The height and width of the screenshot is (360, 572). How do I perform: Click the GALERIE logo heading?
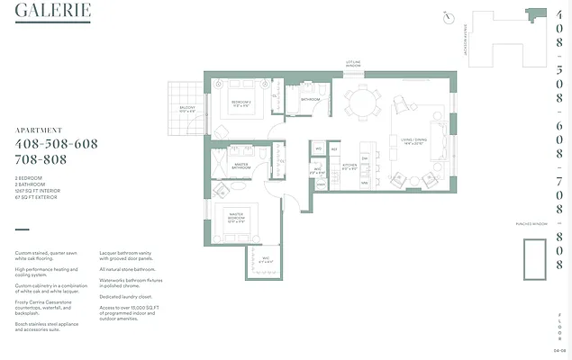click(x=51, y=12)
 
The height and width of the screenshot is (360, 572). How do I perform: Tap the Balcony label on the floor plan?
click(x=187, y=109)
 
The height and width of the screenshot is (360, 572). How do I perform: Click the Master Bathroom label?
click(x=241, y=166)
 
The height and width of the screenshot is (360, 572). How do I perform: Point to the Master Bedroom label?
click(x=237, y=219)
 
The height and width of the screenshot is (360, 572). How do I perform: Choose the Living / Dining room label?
click(x=413, y=140)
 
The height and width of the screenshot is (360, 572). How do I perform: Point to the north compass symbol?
click(x=448, y=17)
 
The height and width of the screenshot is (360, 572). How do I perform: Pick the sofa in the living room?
click(x=439, y=140)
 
